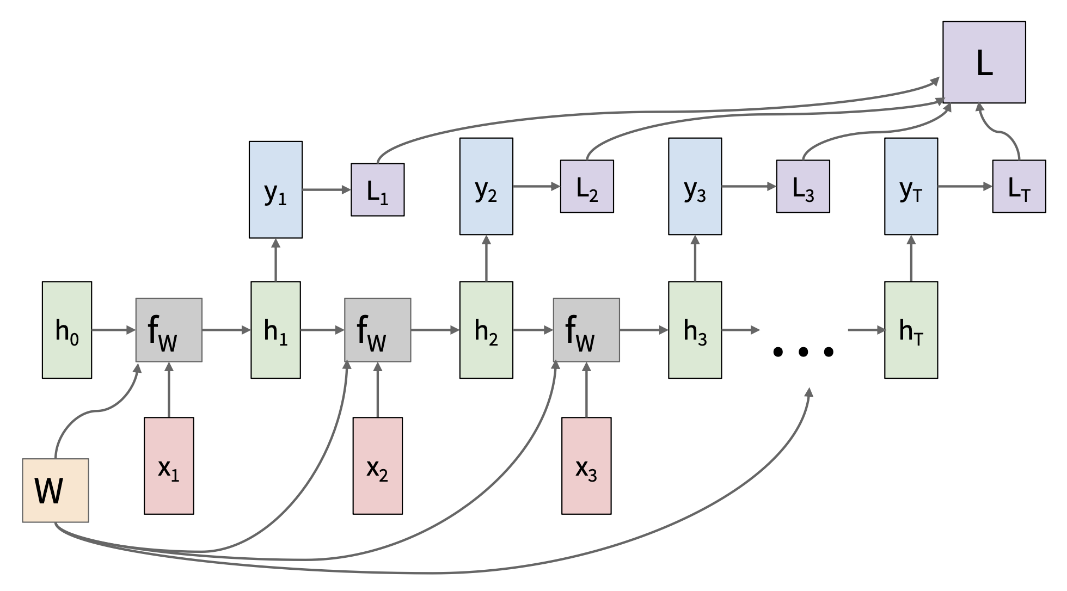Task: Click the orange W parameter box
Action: point(56,490)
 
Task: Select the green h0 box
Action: point(67,330)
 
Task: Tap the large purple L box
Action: point(984,63)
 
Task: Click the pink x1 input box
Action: point(169,466)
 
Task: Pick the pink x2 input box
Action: point(378,466)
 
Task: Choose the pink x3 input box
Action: point(586,466)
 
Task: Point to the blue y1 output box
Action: point(275,190)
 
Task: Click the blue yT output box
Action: point(911,187)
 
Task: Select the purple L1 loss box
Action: point(377,190)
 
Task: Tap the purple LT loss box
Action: point(1019,187)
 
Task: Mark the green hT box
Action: point(911,330)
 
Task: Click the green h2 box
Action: point(486,330)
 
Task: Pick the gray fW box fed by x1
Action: point(169,330)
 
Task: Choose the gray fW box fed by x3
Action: point(586,330)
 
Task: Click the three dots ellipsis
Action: point(803,352)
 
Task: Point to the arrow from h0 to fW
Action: point(113,330)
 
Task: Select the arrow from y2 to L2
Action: point(536,187)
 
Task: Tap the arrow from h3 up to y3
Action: point(695,258)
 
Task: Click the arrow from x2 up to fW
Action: point(378,390)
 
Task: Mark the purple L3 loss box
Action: point(803,187)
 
